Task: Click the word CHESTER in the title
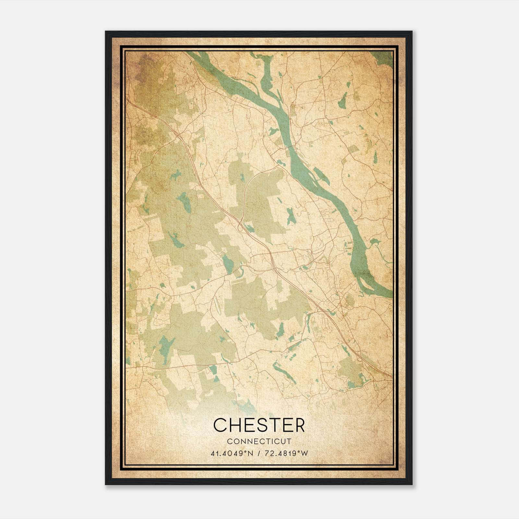[259, 425]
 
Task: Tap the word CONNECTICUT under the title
[259, 441]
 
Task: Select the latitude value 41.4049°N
[231, 453]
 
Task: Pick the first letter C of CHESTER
[220, 425]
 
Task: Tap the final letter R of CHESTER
[299, 425]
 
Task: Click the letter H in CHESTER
[234, 425]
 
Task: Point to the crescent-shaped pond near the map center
[240, 272]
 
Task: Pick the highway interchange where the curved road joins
[240, 224]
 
